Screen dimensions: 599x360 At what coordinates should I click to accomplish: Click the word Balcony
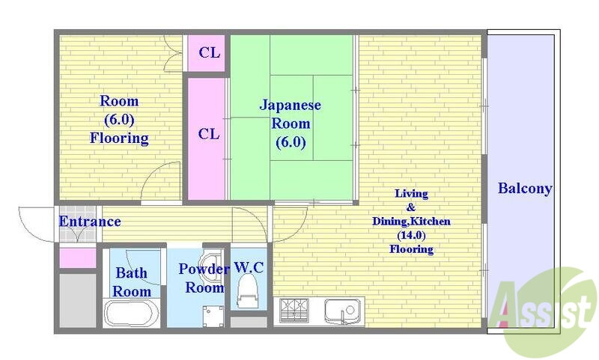(525, 189)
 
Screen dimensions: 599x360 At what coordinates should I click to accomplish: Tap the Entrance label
(90, 222)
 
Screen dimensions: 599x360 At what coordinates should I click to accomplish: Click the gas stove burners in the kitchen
(294, 311)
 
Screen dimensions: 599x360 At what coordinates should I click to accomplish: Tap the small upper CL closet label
(210, 52)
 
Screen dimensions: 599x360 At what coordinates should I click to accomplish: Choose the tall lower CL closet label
(209, 134)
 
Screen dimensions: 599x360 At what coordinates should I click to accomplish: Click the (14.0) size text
(411, 235)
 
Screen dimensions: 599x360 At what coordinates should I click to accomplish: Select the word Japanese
(291, 105)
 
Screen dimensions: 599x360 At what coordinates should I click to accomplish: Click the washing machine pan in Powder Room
(213, 316)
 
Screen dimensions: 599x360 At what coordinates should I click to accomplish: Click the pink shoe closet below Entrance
(78, 258)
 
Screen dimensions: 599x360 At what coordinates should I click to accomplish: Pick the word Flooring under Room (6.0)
(119, 138)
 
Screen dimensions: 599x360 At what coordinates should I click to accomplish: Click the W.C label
(249, 267)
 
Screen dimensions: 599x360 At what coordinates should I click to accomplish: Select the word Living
(411, 194)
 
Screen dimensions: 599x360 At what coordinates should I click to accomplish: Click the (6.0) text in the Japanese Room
(291, 142)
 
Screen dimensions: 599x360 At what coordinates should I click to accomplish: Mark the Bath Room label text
(132, 282)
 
